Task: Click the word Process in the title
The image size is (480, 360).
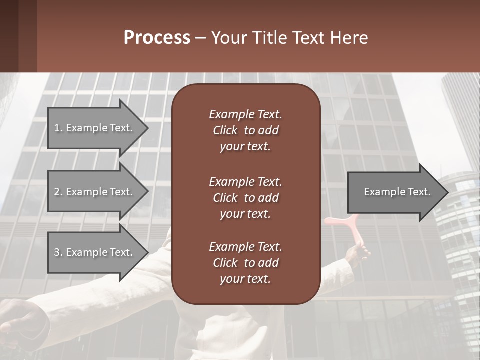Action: (x=157, y=38)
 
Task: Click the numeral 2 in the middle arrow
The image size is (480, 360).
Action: (x=57, y=192)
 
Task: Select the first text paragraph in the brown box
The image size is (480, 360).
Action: (x=245, y=130)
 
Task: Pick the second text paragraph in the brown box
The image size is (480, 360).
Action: (x=245, y=197)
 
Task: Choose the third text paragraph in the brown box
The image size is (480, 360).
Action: (x=245, y=263)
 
